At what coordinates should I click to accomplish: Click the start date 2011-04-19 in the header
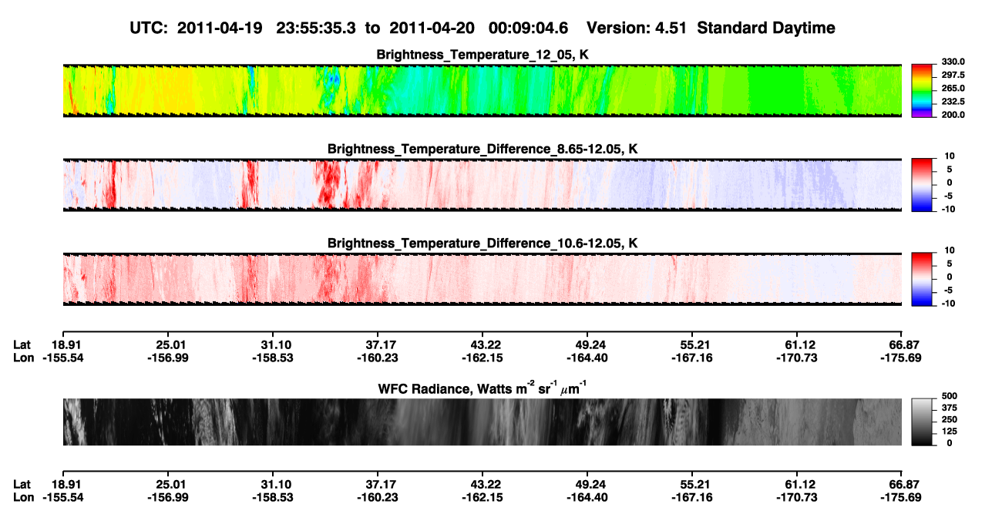(x=220, y=28)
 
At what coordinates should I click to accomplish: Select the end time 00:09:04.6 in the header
(x=528, y=28)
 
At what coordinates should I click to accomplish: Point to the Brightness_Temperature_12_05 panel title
(x=483, y=55)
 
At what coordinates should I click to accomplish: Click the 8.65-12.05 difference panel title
(x=483, y=149)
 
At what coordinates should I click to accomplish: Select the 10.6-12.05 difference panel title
(x=483, y=244)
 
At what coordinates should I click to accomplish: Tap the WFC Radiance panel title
(x=483, y=388)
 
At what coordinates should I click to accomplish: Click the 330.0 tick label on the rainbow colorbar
(x=953, y=62)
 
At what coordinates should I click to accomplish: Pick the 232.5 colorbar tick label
(x=953, y=102)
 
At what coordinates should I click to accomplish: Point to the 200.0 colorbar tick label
(x=953, y=115)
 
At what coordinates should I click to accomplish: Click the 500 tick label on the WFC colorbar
(x=950, y=396)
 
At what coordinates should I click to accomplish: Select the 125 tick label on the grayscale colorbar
(x=950, y=432)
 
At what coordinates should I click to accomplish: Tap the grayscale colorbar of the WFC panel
(x=922, y=422)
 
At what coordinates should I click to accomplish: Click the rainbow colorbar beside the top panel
(x=922, y=91)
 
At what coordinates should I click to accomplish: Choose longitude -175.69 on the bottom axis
(x=901, y=498)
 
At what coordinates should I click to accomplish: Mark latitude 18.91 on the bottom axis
(x=66, y=485)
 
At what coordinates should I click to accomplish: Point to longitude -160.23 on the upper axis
(x=378, y=358)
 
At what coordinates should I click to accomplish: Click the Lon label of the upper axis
(x=23, y=358)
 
